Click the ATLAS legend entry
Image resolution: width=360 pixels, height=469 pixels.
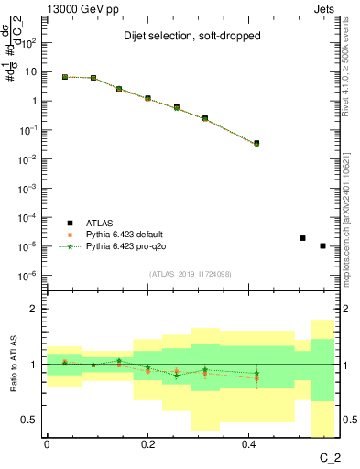tap(104, 223)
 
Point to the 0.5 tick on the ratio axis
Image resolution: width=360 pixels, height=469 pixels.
tap(31, 420)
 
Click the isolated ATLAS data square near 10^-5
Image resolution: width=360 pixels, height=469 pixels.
tap(302, 238)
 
